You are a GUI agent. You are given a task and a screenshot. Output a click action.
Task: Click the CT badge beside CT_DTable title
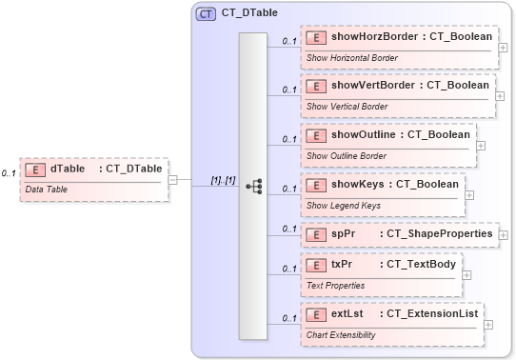point(206,14)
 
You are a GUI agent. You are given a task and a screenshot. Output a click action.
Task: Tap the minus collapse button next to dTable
point(172,178)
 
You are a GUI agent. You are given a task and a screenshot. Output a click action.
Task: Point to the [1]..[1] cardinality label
point(223,179)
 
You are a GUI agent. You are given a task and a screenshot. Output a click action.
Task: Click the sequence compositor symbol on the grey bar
point(253,186)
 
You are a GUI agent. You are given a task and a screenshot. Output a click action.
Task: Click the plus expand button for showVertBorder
point(504,96)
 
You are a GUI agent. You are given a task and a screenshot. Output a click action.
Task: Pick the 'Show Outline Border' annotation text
point(346,154)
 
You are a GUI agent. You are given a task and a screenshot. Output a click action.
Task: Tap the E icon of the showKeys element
point(315,183)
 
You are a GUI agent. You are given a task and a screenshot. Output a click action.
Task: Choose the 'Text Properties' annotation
point(335,285)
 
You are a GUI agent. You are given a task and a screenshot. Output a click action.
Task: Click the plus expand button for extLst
point(488,324)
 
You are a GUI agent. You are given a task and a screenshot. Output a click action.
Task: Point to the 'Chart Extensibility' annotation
point(341,334)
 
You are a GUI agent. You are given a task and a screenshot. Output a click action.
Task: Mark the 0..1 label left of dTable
point(8,173)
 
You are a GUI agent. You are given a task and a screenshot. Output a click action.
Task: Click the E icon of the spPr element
point(315,232)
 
